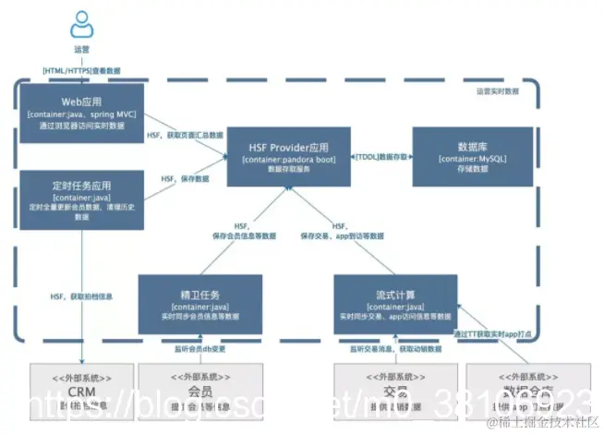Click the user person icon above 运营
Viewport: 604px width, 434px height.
[x=81, y=24]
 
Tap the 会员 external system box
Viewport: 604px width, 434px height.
[x=187, y=392]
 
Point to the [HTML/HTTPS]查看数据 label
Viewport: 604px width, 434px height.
[x=81, y=70]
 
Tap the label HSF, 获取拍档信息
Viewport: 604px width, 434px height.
[x=81, y=295]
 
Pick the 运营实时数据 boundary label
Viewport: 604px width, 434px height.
[x=497, y=91]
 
